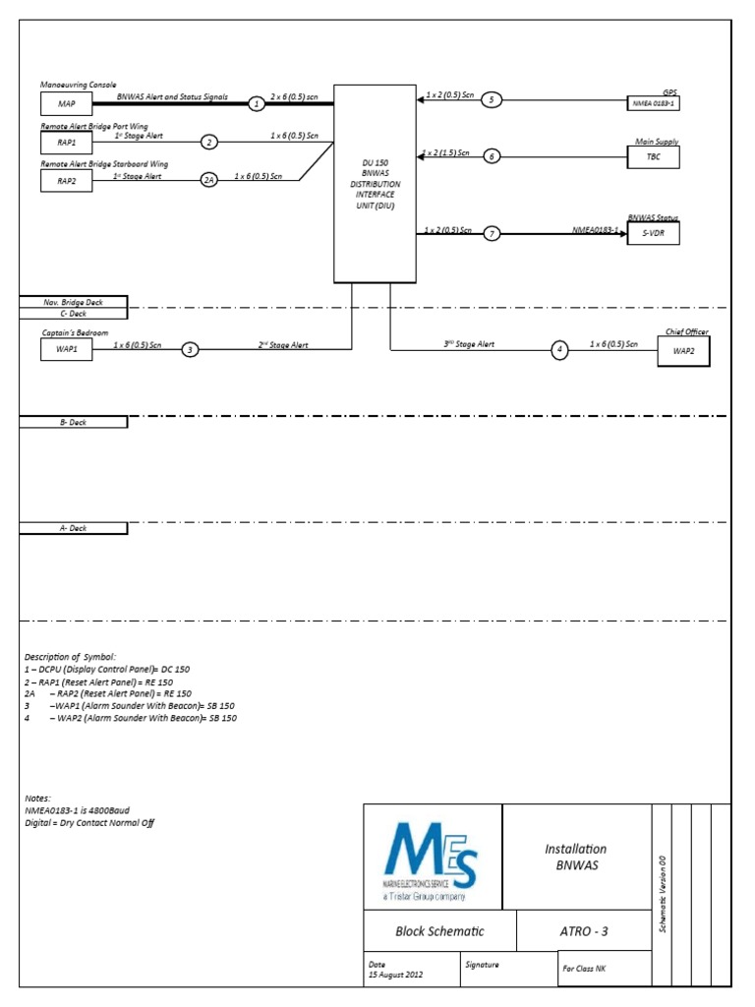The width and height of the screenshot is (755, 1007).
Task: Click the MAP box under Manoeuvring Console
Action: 68,103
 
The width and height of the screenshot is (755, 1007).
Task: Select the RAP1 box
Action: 68,143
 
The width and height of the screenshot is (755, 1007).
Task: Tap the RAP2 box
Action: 68,180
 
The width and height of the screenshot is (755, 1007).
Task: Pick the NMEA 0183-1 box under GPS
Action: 654,103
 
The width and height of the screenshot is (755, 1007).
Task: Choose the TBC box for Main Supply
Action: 654,157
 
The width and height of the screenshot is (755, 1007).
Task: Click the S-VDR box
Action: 654,234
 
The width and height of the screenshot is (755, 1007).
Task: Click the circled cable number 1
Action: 257,103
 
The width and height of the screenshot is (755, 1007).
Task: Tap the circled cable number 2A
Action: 209,180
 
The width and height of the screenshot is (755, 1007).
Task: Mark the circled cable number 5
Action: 493,99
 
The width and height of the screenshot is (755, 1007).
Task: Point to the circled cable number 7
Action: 493,233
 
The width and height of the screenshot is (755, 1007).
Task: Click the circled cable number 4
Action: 559,349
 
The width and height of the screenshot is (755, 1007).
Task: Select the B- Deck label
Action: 74,422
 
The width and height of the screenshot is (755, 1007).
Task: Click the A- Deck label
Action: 74,528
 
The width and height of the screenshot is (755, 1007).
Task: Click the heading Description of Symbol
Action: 70,656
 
